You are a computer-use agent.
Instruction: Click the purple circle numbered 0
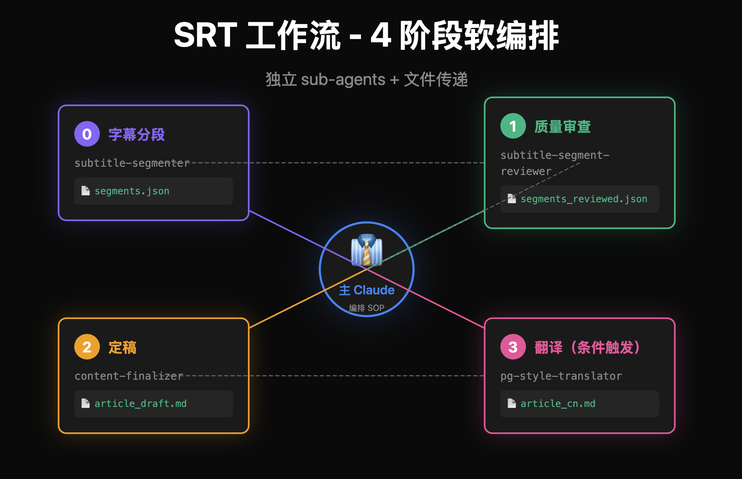tap(87, 134)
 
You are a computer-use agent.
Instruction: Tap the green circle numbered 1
tap(513, 126)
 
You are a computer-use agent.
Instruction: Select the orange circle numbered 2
tap(87, 347)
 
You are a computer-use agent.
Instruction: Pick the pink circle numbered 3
tap(513, 347)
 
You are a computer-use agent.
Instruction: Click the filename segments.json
tap(132, 191)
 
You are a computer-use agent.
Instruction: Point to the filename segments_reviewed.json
tap(584, 199)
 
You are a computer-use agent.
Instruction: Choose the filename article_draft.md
tap(140, 404)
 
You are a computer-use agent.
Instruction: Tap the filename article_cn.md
tap(558, 404)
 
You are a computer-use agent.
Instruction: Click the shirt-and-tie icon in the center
tap(366, 250)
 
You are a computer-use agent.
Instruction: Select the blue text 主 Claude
tap(367, 290)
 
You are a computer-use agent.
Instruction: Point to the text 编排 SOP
tap(367, 308)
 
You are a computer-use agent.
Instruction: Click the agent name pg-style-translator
tap(561, 376)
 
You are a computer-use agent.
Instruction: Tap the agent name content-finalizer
tap(129, 376)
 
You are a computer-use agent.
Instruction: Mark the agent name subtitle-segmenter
tap(132, 163)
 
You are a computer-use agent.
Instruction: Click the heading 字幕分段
tap(137, 134)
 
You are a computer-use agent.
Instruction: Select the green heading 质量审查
tap(563, 127)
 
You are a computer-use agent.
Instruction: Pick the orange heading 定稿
tap(122, 347)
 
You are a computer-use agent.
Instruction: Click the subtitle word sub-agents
tap(343, 80)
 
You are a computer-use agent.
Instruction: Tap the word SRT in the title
tap(205, 35)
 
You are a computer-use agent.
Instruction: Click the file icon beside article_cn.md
tap(512, 403)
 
